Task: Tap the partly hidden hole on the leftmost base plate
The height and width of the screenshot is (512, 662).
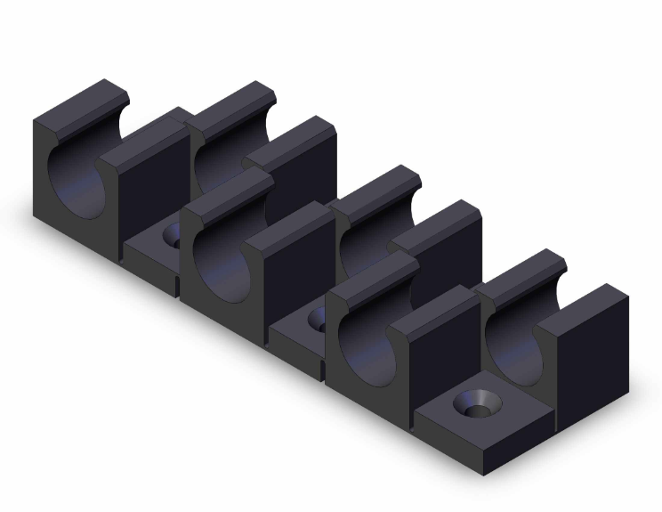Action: pos(172,235)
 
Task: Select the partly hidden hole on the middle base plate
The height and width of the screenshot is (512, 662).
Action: pos(316,318)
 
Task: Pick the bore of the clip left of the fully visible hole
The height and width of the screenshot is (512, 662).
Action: pos(366,353)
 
